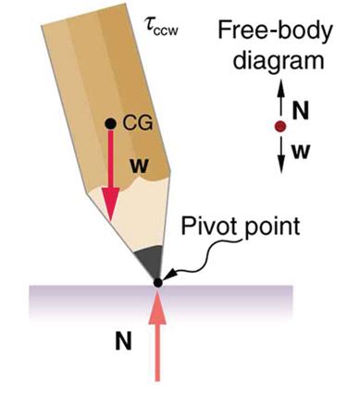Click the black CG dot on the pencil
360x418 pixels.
click(110, 122)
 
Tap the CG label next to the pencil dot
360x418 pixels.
click(133, 122)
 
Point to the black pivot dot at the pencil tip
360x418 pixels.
click(158, 281)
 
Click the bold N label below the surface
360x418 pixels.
click(122, 342)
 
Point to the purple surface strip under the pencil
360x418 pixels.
click(74, 300)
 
